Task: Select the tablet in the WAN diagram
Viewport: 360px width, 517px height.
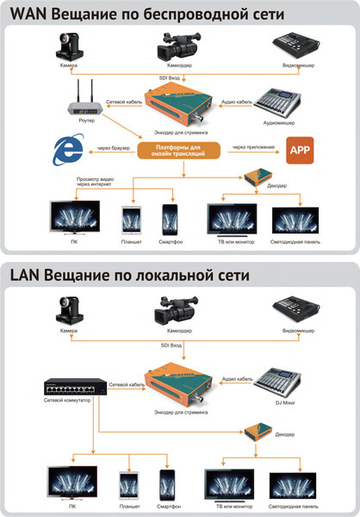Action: point(132,219)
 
